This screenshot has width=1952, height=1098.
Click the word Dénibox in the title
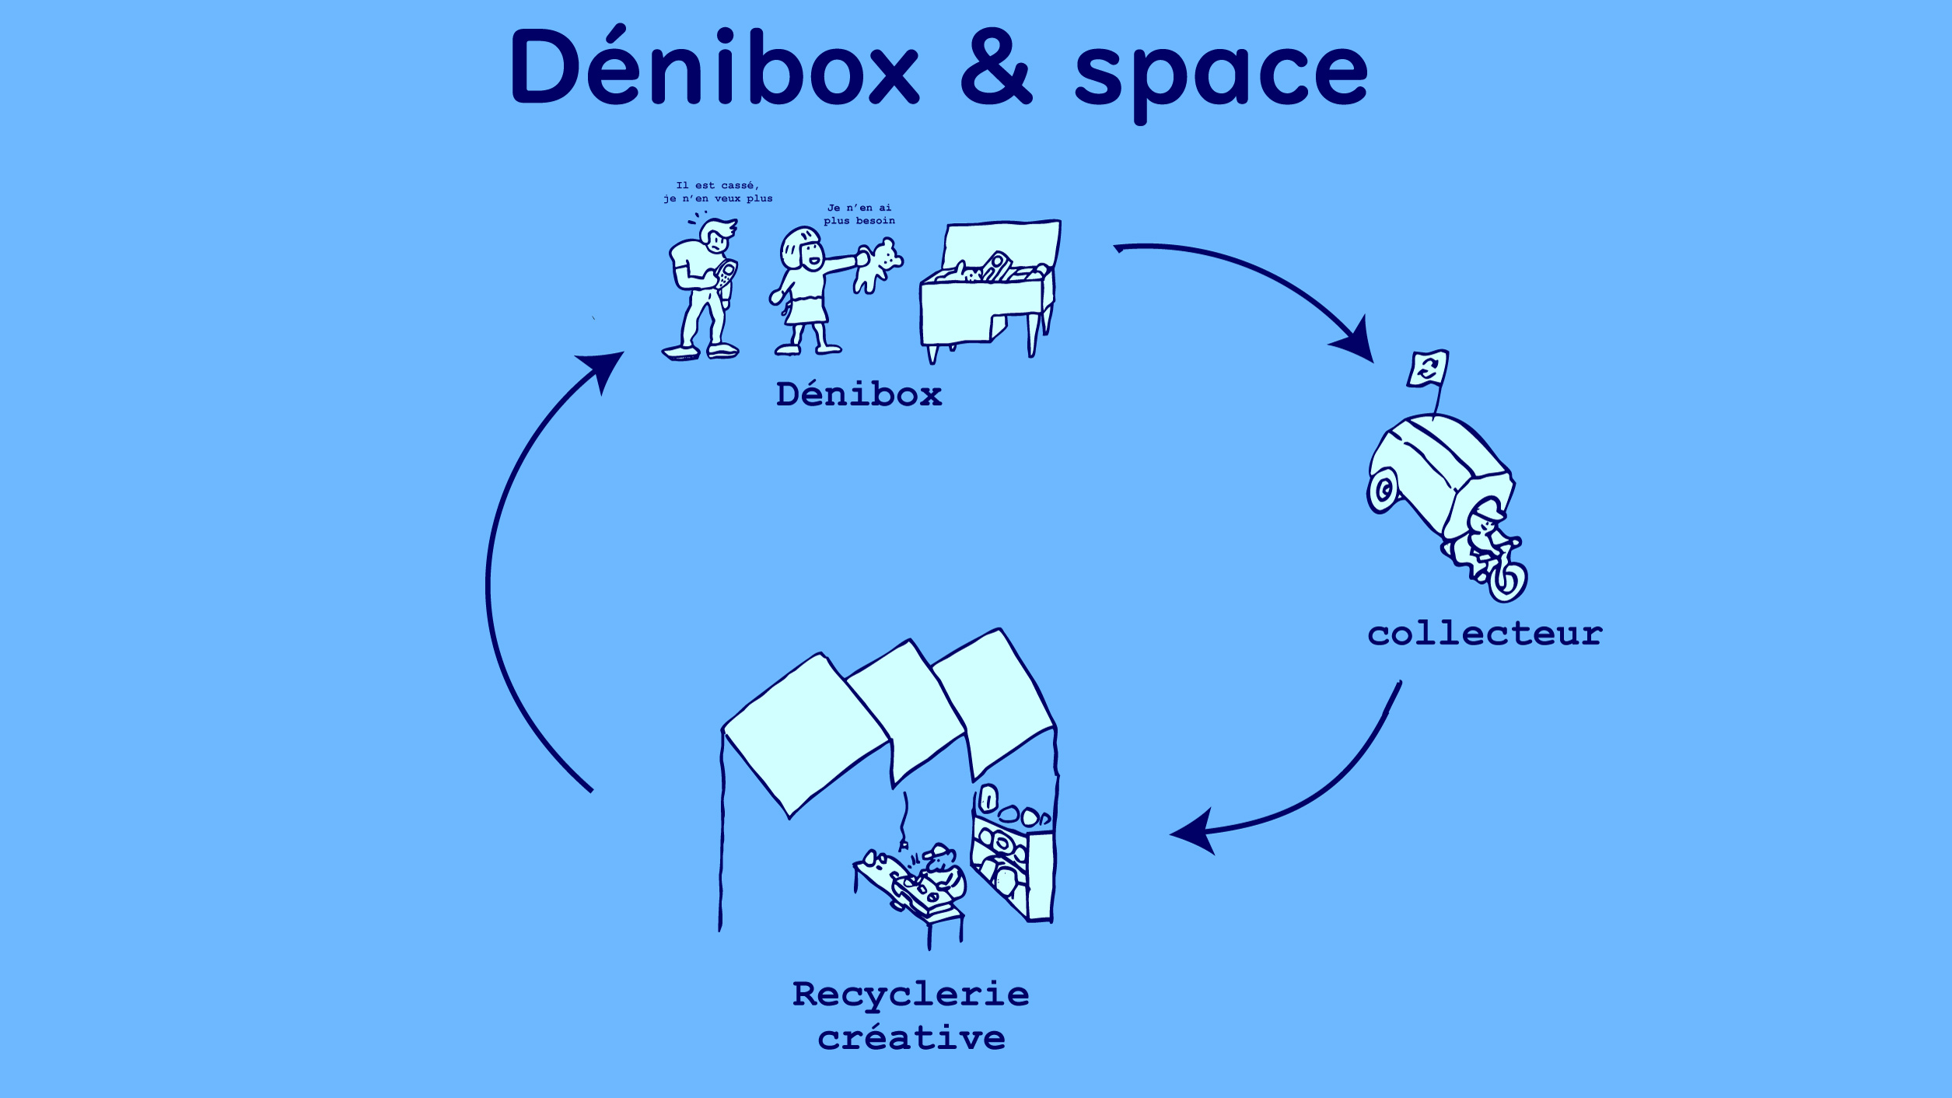pos(714,68)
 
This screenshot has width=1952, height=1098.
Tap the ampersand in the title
pos(996,68)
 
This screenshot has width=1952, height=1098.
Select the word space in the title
pos(1220,74)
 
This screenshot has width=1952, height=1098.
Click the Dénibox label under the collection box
pos(859,394)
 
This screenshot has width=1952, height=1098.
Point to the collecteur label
pos(1485,634)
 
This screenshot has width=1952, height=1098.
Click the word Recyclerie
pos(911,994)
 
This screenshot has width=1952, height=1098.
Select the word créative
pos(911,1037)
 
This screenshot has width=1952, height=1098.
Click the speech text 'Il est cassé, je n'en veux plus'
pos(717,192)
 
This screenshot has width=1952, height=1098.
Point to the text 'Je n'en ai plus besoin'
pos(859,214)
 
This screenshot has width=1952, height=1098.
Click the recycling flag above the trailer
pos(1428,368)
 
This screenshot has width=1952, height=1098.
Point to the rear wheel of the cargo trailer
pos(1384,490)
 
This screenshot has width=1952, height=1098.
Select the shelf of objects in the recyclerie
pos(1011,855)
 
